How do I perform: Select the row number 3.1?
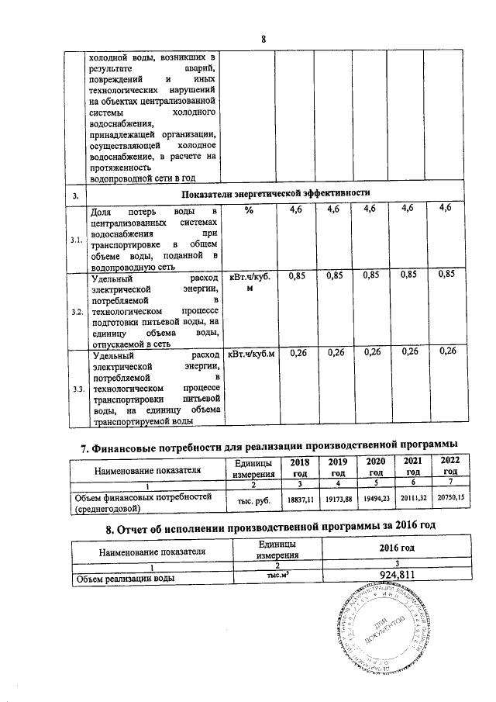coord(77,240)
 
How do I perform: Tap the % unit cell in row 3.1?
coord(247,210)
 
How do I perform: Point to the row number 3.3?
coord(77,389)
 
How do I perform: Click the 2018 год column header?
coord(298,468)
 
